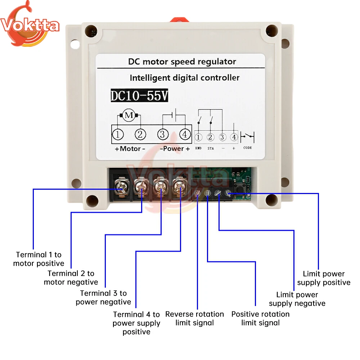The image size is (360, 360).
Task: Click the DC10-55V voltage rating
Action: pos(139,96)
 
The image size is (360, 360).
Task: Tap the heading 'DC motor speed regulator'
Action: pos(182,62)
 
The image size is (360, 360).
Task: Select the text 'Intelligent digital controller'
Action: pos(184,77)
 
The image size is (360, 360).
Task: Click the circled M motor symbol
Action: pos(129,116)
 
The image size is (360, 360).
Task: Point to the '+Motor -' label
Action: pos(130,149)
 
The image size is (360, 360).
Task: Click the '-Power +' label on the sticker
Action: pos(175,149)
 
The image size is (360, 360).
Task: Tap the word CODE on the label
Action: pos(248,148)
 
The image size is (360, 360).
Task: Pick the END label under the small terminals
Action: pos(198,148)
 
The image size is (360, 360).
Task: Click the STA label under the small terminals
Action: pos(211,148)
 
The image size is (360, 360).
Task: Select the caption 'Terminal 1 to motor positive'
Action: pos(39,259)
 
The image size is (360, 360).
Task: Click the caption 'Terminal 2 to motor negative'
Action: pos(71,278)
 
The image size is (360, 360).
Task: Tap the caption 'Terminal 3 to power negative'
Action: pos(103,297)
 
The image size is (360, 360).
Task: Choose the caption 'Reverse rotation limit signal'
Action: pos(194,318)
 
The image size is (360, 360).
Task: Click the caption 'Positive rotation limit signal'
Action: pos(260,318)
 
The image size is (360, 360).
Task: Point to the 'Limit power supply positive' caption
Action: pos(324,278)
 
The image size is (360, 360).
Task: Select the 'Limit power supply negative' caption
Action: pos(297,299)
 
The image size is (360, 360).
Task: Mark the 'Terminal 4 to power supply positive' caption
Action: pos(136,323)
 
